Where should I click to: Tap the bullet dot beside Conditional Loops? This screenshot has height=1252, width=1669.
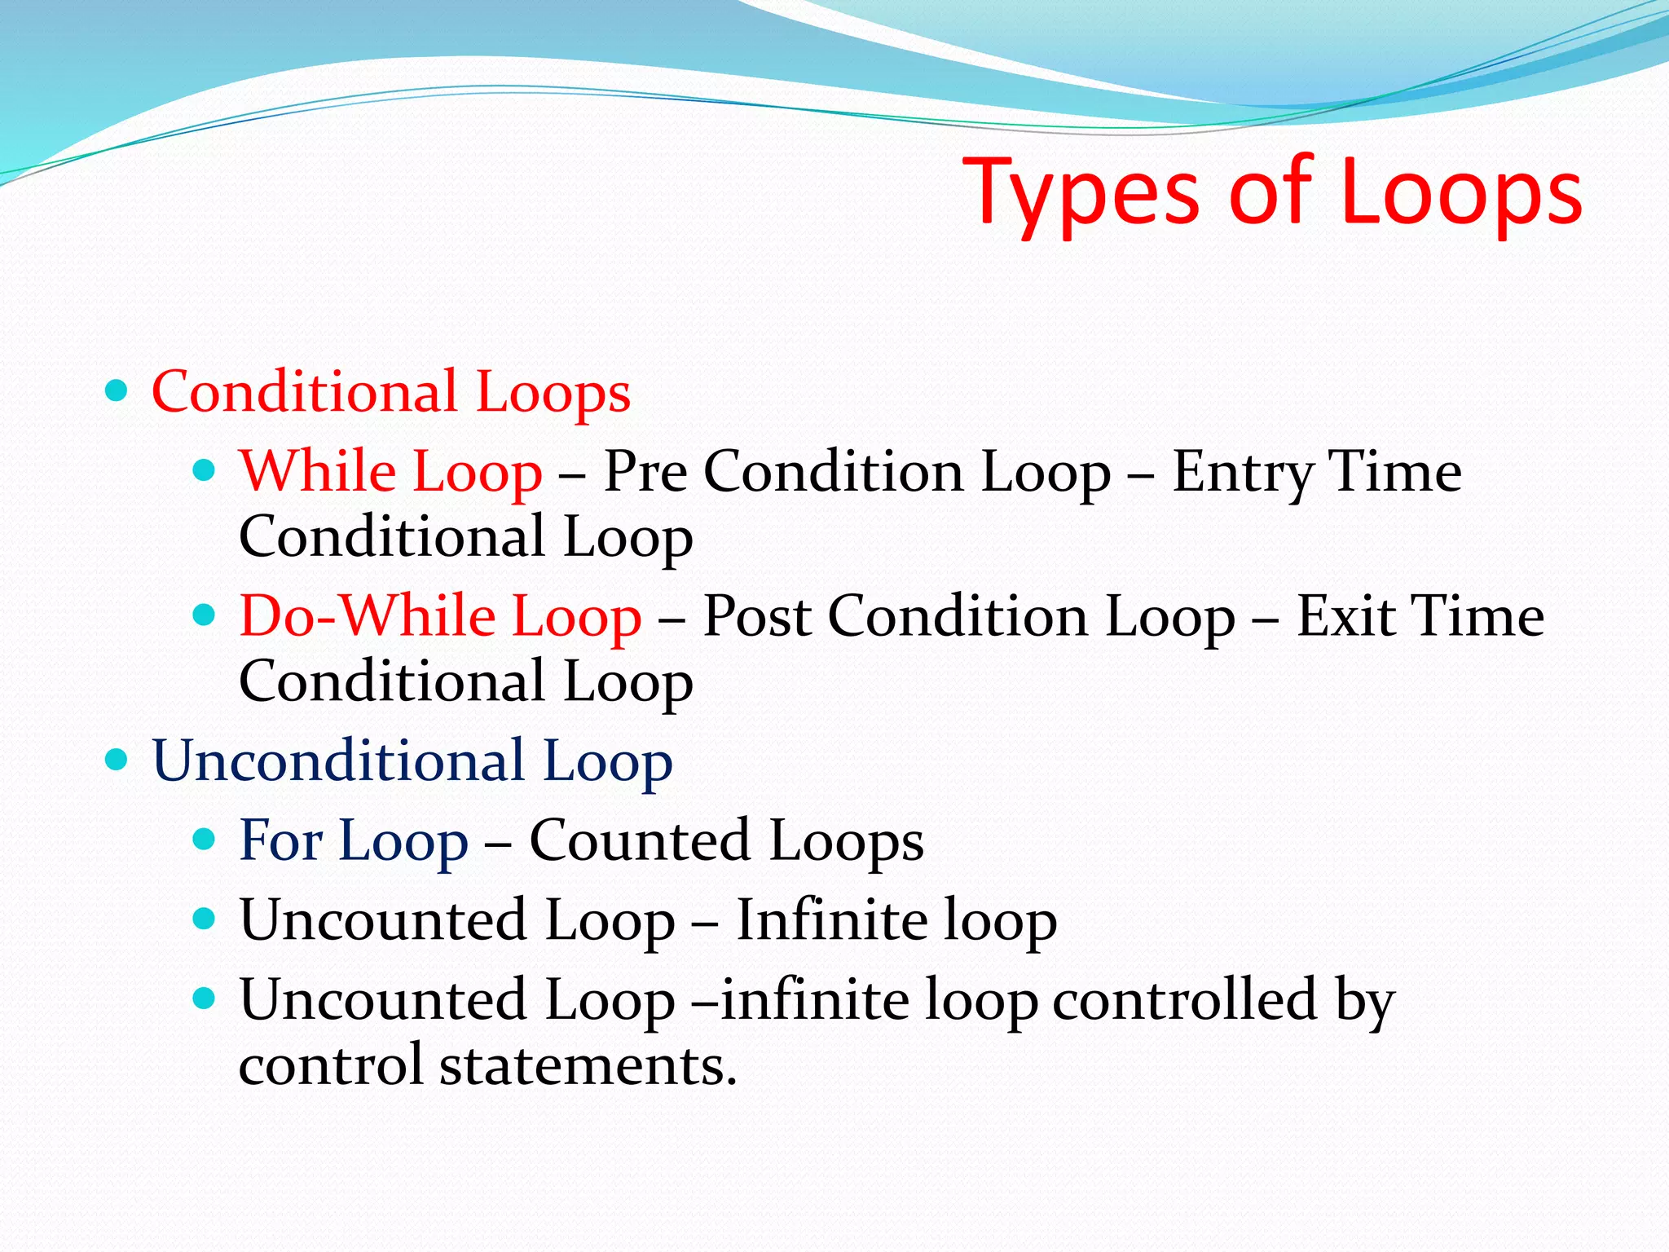tap(117, 391)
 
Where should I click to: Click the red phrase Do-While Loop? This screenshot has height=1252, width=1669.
tap(441, 616)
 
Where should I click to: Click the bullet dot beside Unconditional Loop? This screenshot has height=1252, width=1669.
tap(117, 760)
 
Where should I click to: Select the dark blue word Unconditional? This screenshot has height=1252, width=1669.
tap(338, 760)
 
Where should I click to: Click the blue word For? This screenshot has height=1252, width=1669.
tap(281, 840)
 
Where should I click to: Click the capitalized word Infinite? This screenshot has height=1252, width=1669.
tap(832, 920)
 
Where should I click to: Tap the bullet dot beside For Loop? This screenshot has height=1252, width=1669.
tap(205, 840)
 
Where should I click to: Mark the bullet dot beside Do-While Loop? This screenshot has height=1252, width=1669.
tap(205, 615)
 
